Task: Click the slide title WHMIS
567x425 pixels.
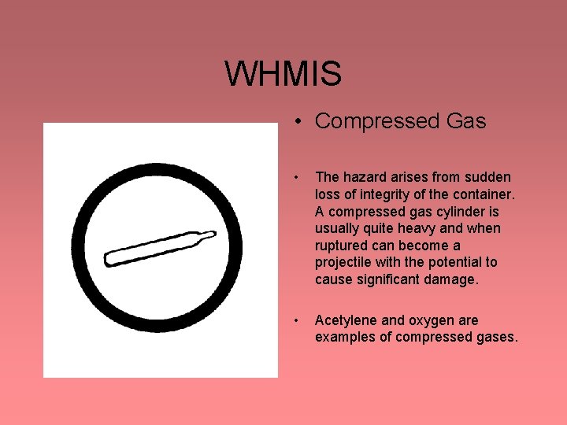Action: point(283,74)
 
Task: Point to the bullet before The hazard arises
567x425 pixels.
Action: point(296,178)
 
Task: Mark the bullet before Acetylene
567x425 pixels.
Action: point(296,321)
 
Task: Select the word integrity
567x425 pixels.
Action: point(372,194)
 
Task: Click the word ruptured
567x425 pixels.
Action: point(343,246)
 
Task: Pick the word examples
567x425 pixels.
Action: point(344,338)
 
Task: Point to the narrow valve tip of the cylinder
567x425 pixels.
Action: point(209,233)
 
